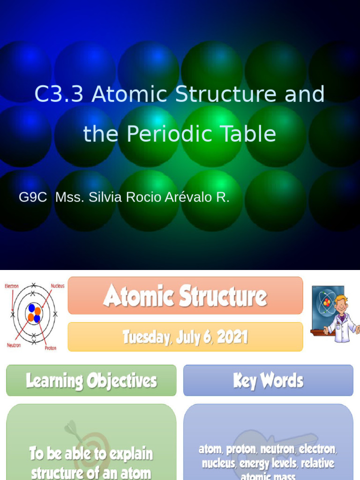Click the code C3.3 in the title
59,94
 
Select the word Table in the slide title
250,134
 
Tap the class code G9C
33,197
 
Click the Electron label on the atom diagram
12,286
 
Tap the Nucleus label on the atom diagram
57,285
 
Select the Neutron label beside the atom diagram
14,345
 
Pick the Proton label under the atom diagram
51,348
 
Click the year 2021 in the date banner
232,337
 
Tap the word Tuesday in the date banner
146,337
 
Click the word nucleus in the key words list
218,464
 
